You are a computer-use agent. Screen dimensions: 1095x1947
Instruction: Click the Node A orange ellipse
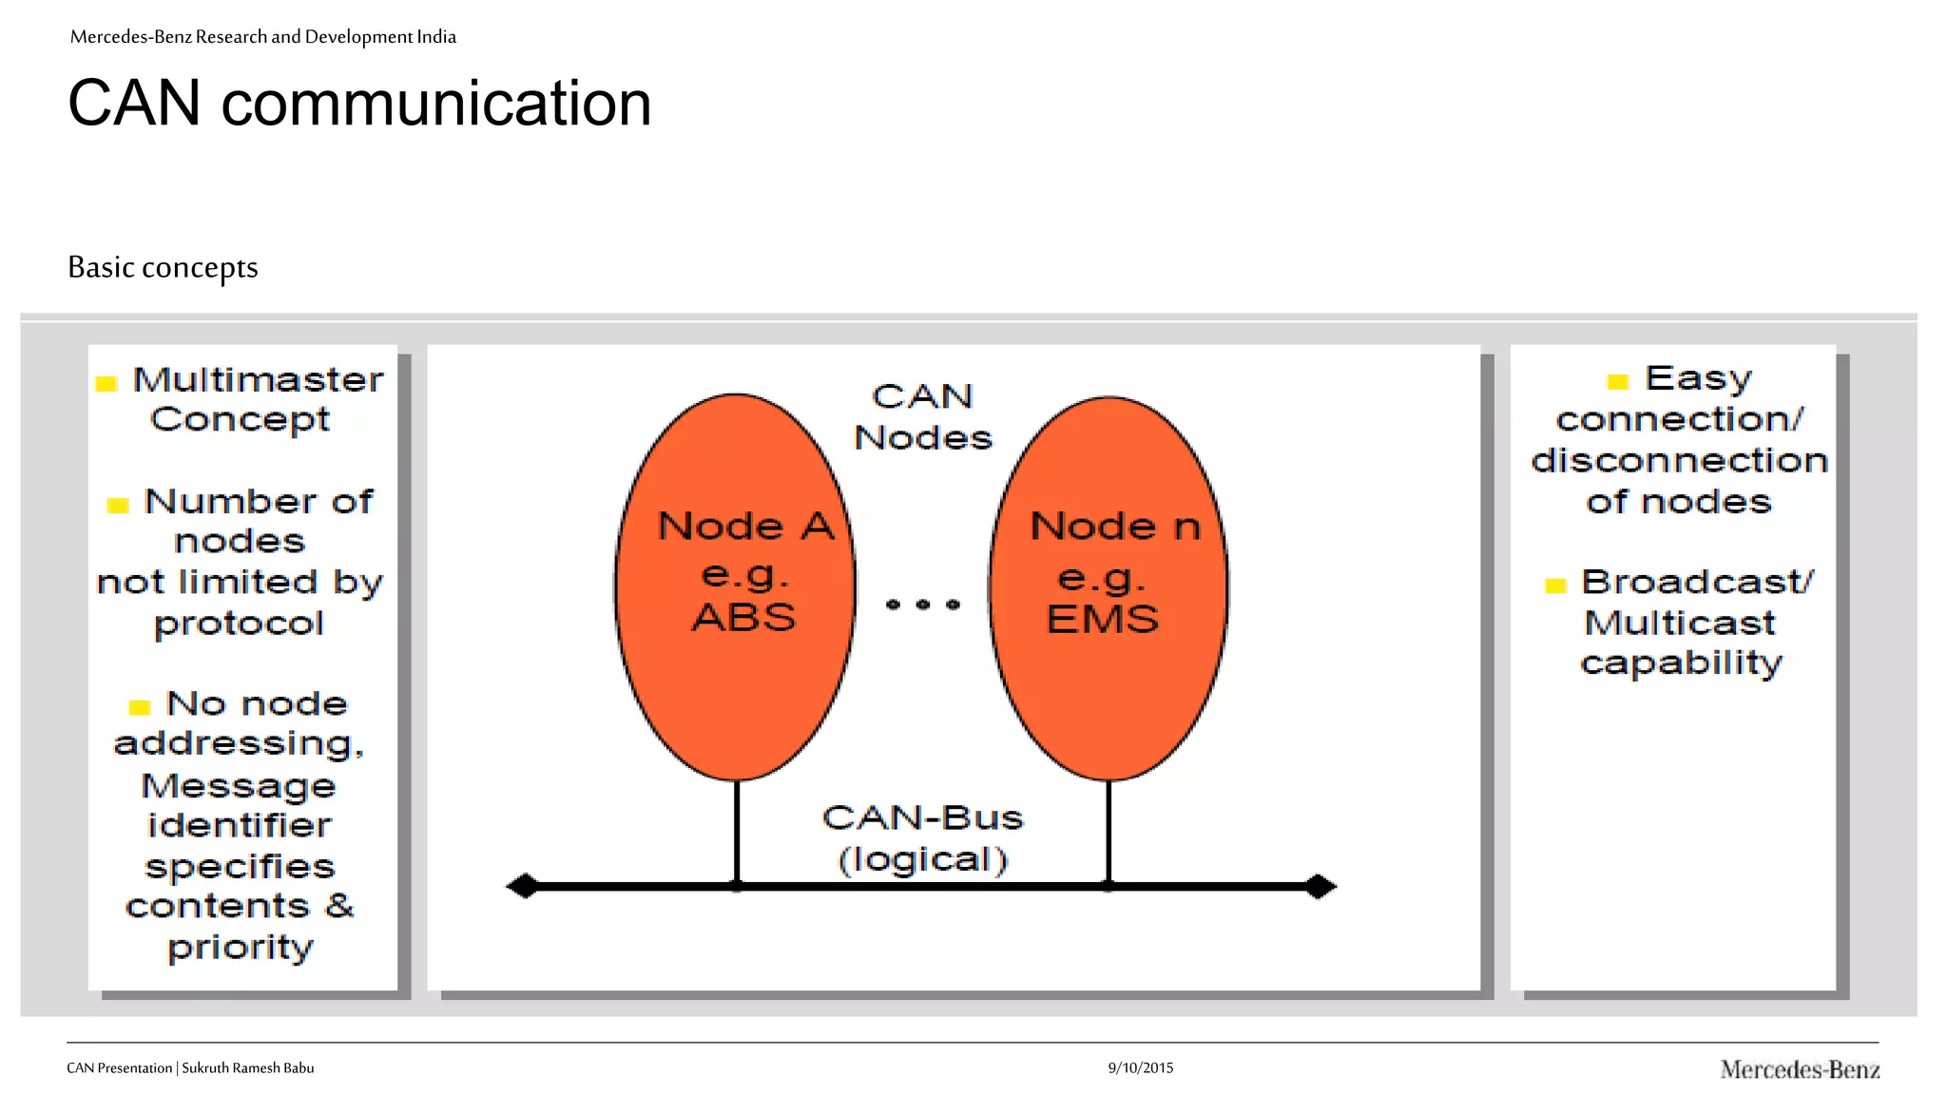click(x=735, y=684)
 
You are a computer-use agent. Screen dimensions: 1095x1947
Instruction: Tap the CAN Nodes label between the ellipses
click(x=922, y=416)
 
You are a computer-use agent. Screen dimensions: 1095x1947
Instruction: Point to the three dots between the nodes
click(x=922, y=604)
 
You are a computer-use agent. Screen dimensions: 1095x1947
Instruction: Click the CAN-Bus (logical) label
click(x=922, y=838)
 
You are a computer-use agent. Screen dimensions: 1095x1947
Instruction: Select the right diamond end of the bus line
click(x=1320, y=886)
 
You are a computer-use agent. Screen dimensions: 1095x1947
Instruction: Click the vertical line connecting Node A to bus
click(x=737, y=832)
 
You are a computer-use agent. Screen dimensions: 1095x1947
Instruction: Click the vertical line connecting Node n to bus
click(x=1108, y=832)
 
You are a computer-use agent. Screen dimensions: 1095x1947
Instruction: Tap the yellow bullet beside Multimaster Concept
click(x=106, y=384)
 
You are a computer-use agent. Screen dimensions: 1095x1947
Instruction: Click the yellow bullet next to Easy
click(x=1617, y=382)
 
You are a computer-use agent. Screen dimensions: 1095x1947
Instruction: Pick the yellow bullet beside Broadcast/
click(x=1555, y=586)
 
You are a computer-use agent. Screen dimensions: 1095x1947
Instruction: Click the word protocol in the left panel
click(x=240, y=624)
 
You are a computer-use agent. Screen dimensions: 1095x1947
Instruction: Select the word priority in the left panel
click(x=241, y=948)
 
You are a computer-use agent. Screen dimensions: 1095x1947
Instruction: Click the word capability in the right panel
click(x=1681, y=663)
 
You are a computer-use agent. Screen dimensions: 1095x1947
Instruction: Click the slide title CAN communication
click(x=359, y=103)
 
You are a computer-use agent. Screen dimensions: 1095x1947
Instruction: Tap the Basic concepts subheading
click(x=163, y=267)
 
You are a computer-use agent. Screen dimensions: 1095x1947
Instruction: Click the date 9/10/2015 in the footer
click(x=1140, y=1067)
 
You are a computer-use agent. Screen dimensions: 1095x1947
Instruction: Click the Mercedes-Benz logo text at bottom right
click(x=1799, y=1069)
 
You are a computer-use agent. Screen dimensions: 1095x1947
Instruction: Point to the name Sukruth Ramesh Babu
click(x=247, y=1067)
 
